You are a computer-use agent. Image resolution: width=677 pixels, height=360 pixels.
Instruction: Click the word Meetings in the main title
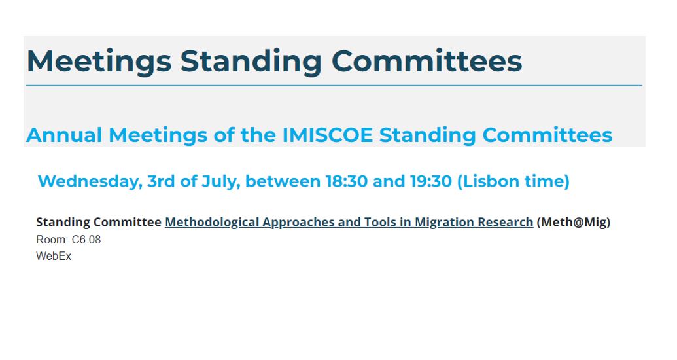point(99,62)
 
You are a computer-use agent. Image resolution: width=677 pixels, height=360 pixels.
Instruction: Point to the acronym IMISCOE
point(328,135)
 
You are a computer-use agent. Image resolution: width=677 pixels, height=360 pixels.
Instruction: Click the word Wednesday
point(89,181)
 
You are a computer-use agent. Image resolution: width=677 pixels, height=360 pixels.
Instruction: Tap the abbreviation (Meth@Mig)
point(574,223)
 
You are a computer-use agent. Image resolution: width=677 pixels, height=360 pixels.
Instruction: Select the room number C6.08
point(86,240)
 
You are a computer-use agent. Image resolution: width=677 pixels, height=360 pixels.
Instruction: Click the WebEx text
point(54,257)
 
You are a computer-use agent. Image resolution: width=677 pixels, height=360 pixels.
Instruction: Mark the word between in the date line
point(283,181)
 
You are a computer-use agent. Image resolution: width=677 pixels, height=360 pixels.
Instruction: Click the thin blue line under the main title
point(334,85)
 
